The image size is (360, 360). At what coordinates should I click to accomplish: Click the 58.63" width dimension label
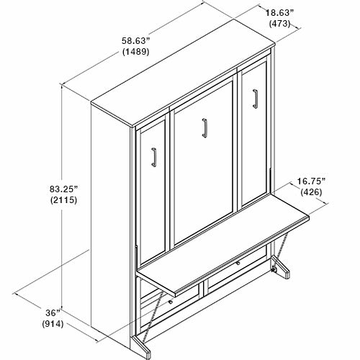(135, 41)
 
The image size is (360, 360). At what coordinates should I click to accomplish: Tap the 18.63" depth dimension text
(279, 13)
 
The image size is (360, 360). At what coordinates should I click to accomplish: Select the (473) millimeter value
(279, 24)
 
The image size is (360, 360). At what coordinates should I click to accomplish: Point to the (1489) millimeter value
(136, 52)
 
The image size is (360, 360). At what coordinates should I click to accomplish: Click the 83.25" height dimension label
(64, 189)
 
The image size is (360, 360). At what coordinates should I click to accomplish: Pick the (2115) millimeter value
(64, 199)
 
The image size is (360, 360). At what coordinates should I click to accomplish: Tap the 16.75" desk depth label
(311, 181)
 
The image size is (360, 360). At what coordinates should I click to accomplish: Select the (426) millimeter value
(311, 192)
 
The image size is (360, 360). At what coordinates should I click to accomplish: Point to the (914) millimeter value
(53, 324)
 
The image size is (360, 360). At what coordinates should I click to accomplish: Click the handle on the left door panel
(154, 157)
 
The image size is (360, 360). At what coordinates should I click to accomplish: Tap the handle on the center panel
(204, 128)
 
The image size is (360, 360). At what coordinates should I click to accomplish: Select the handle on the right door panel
(255, 99)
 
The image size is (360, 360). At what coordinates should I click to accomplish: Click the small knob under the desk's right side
(238, 264)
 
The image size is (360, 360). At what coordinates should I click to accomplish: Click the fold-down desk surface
(223, 243)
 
